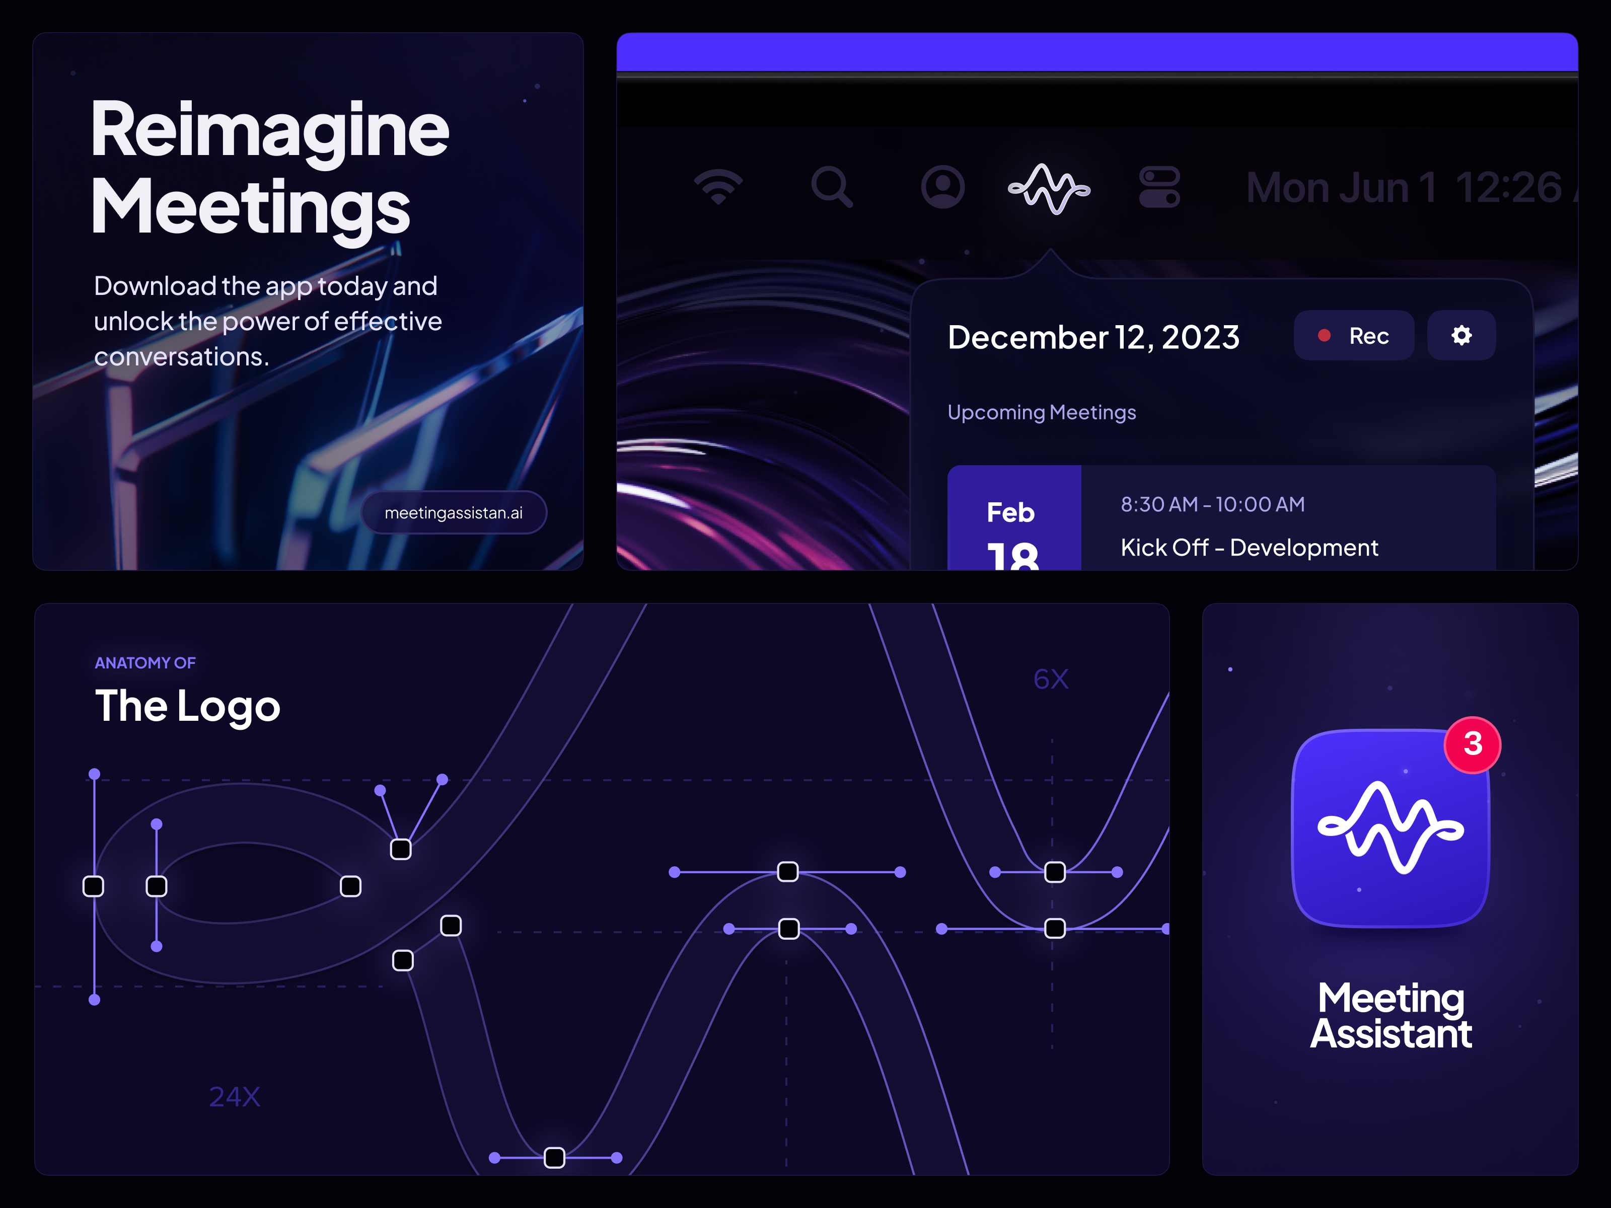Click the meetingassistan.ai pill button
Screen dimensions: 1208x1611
[x=453, y=512]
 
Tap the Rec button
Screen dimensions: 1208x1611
[x=1353, y=336]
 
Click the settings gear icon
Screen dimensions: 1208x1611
[x=1461, y=336]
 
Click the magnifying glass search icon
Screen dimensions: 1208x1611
[x=832, y=187]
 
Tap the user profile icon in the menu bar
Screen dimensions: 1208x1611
[x=942, y=187]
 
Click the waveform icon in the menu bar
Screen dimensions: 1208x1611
[x=1049, y=189]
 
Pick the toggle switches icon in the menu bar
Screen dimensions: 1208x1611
[x=1159, y=187]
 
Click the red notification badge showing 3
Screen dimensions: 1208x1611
[x=1473, y=744]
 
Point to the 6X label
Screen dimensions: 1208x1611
[x=1051, y=679]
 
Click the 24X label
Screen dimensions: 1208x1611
[x=235, y=1097]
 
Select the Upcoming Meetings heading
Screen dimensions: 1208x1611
[x=1042, y=412]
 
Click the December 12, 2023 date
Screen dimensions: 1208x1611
[x=1093, y=337]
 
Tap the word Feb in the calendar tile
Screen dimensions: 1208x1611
[x=1010, y=512]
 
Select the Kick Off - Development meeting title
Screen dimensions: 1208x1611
[x=1249, y=548]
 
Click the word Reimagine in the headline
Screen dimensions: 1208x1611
[x=269, y=131]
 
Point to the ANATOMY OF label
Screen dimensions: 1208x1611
[x=145, y=662]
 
